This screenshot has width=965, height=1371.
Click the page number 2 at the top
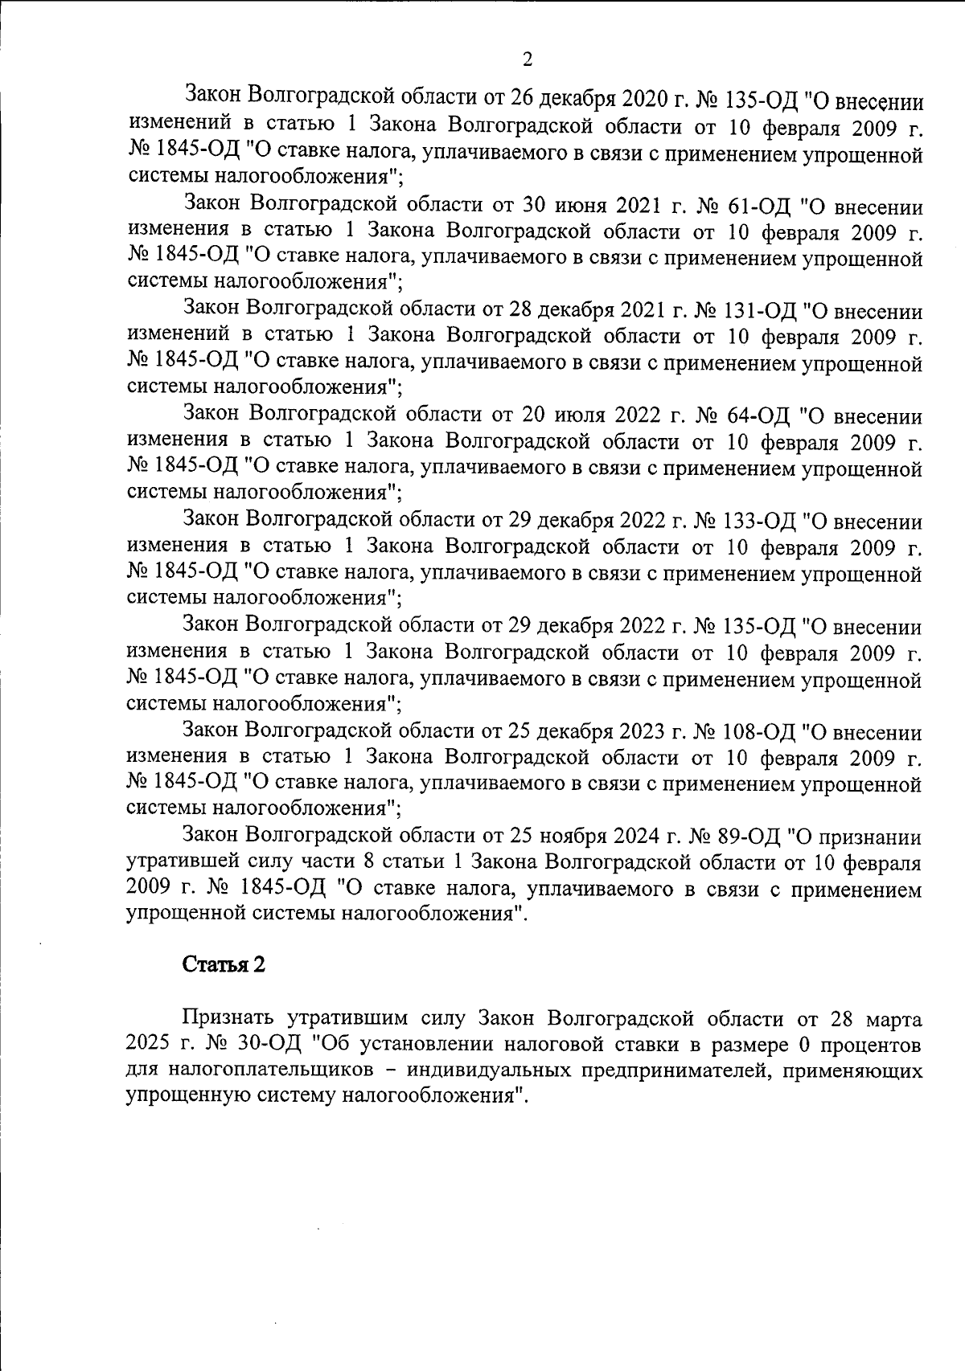(527, 59)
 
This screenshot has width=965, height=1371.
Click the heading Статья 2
(224, 964)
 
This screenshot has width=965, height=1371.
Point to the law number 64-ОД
(749, 415)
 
